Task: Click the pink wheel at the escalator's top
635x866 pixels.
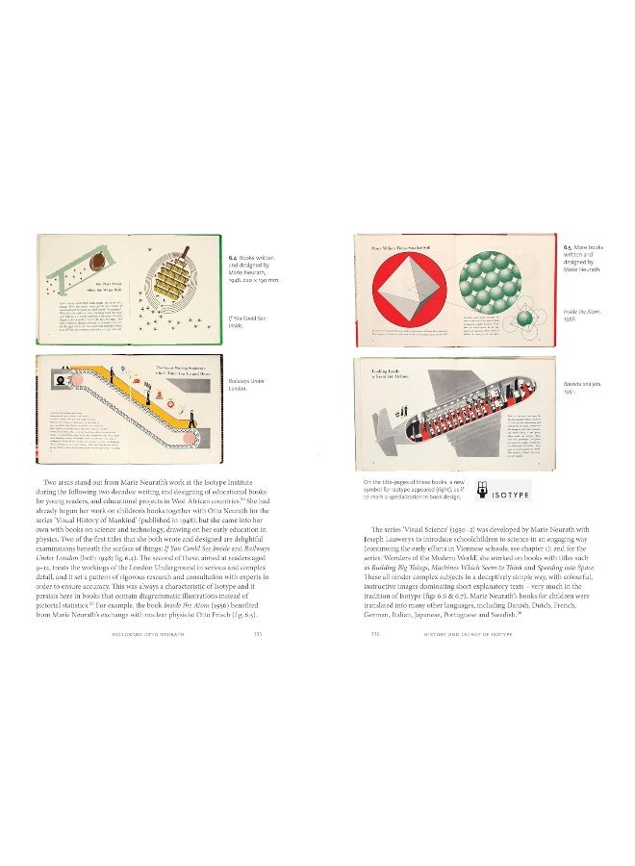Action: (x=61, y=382)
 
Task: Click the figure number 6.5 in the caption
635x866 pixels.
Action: (x=570, y=246)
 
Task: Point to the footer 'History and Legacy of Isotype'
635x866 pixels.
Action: (x=457, y=634)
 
